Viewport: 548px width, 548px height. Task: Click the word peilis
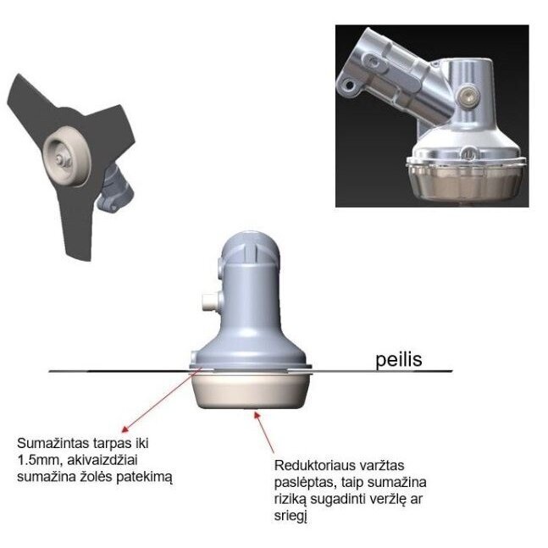click(398, 360)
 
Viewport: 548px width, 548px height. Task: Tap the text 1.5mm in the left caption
click(38, 460)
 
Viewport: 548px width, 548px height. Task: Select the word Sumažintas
click(53, 444)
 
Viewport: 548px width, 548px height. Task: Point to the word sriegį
click(291, 516)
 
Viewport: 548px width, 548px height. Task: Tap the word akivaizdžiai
click(102, 460)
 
